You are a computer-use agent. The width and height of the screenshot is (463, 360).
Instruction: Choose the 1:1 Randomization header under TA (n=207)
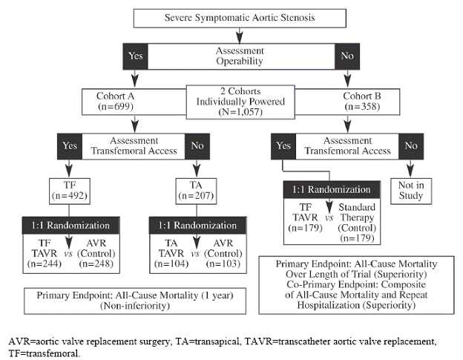pyautogui.click(x=197, y=225)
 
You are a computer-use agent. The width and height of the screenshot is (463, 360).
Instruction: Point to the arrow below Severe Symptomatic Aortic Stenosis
pyautogui.click(x=240, y=33)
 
